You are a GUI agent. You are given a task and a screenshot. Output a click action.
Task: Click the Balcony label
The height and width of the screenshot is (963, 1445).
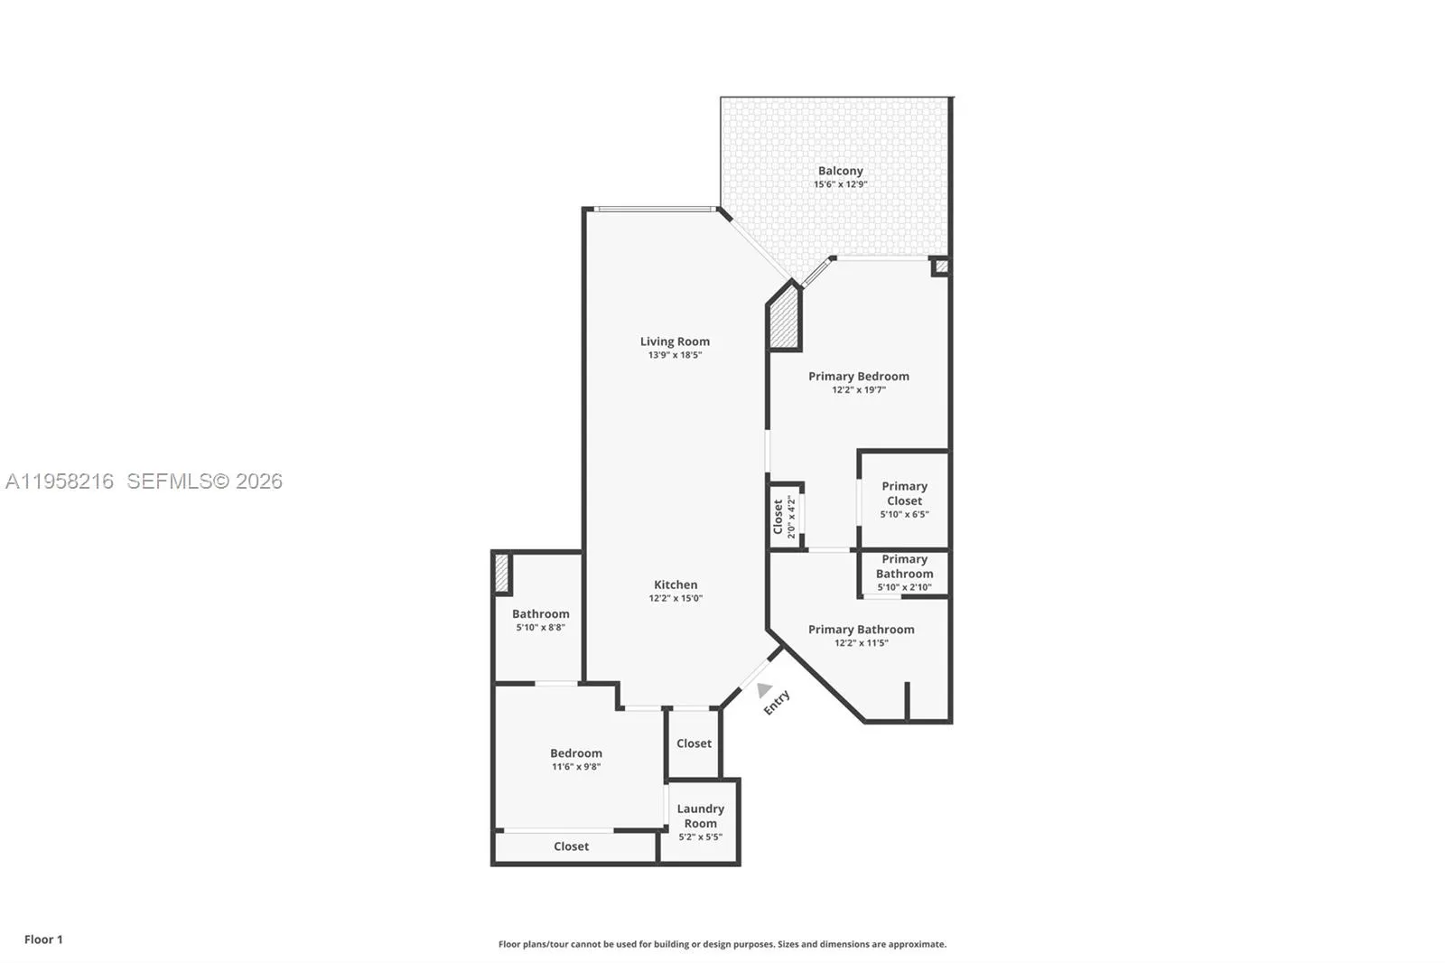point(840,171)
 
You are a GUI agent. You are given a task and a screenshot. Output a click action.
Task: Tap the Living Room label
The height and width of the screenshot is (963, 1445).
point(675,341)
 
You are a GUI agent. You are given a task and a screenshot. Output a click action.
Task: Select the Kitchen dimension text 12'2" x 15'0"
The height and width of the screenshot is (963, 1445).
point(675,598)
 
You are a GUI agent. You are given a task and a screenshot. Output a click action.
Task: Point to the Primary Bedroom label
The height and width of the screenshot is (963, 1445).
point(858,376)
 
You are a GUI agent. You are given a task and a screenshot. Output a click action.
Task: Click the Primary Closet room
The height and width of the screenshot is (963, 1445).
point(904,499)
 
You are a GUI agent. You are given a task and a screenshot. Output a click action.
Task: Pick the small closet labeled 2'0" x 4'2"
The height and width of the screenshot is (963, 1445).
point(784,517)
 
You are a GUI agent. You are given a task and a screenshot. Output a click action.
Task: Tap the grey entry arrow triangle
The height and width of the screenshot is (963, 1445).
point(764,690)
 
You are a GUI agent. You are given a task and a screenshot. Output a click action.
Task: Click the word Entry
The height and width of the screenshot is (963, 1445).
point(777,702)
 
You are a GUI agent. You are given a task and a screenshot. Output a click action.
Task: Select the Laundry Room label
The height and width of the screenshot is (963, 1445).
point(700,816)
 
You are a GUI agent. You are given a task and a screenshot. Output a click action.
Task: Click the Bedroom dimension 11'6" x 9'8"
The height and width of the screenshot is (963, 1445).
point(576,767)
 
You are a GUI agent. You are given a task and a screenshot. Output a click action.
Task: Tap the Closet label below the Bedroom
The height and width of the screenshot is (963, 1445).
point(571,846)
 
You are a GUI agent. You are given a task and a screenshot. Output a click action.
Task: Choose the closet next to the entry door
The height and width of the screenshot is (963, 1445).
point(694,743)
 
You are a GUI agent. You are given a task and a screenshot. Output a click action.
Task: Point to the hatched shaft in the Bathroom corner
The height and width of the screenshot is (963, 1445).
point(502,574)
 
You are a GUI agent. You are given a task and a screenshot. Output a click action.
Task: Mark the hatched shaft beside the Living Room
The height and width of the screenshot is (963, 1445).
point(784,318)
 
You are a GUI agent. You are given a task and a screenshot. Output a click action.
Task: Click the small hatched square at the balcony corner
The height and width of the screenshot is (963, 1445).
point(941,266)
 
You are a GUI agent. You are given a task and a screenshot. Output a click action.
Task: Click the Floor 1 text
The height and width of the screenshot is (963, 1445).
point(43,940)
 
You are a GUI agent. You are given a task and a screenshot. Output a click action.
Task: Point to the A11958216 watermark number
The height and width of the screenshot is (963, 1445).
point(60,481)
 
